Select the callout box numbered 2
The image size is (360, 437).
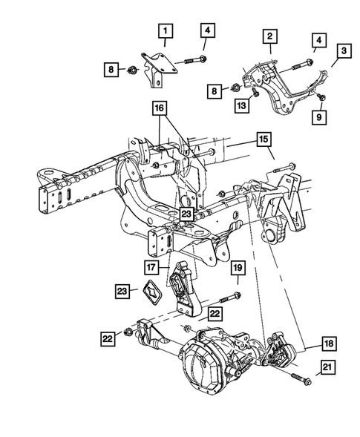[269, 36]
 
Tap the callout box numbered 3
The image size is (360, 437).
[344, 50]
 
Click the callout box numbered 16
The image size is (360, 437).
[160, 108]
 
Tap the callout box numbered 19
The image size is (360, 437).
[237, 268]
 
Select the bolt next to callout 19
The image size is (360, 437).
[227, 296]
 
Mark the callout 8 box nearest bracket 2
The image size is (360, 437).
[216, 91]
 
